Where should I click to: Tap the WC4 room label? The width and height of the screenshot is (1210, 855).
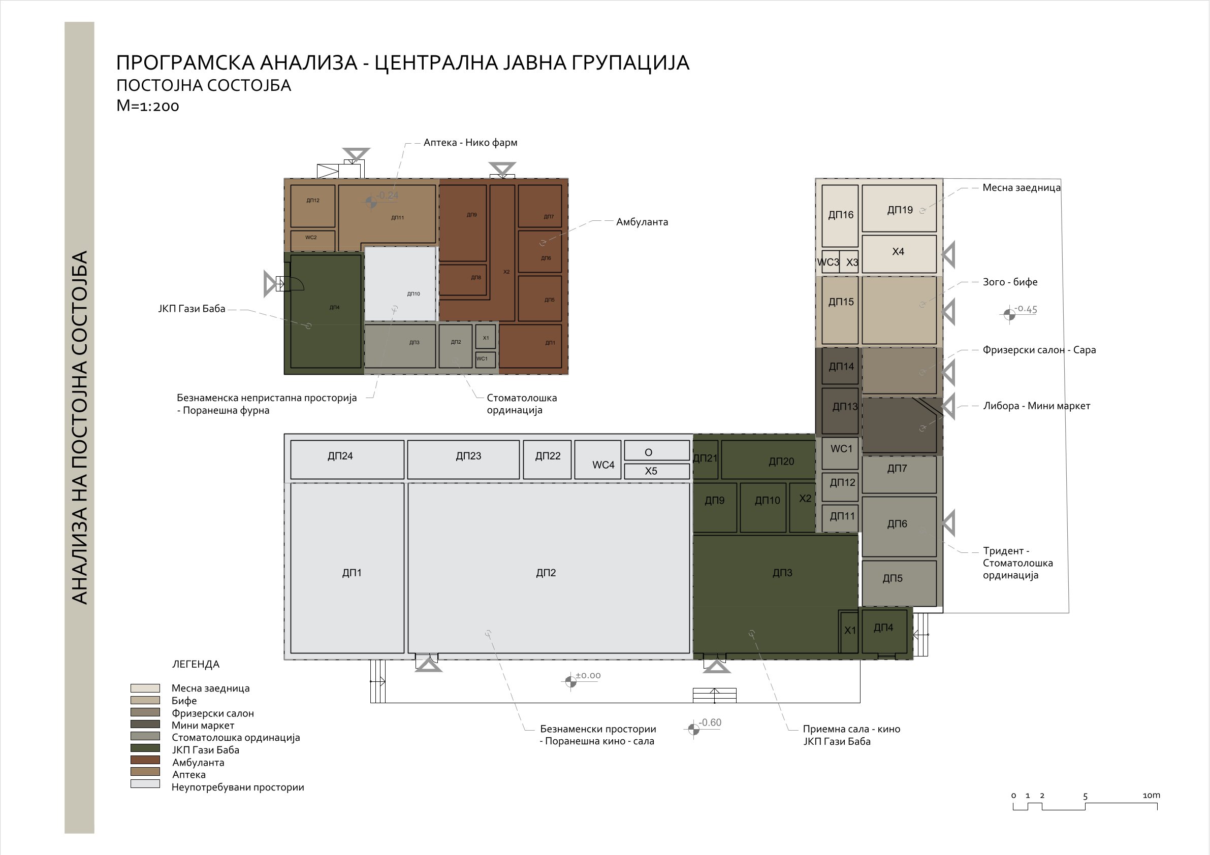tap(603, 465)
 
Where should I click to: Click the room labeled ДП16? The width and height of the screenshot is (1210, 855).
tap(841, 215)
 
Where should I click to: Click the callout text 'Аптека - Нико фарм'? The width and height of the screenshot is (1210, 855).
tap(470, 143)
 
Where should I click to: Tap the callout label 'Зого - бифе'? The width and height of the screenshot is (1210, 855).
tap(1010, 282)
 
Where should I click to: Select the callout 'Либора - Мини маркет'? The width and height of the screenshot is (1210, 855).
tap(1037, 406)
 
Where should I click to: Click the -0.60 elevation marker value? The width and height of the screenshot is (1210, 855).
tap(710, 723)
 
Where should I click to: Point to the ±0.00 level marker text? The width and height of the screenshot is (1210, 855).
tap(588, 676)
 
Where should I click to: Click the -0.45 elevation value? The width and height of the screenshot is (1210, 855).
tap(1026, 309)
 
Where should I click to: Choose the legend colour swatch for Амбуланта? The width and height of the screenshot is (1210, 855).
tap(145, 760)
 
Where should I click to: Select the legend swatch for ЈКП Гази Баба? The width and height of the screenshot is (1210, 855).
tap(145, 748)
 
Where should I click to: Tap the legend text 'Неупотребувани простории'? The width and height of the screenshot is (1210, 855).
tap(238, 787)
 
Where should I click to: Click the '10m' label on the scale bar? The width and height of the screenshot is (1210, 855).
tap(1151, 796)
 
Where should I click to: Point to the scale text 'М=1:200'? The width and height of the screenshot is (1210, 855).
tap(147, 106)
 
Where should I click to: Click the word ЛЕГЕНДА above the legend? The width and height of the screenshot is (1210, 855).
tap(196, 665)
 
